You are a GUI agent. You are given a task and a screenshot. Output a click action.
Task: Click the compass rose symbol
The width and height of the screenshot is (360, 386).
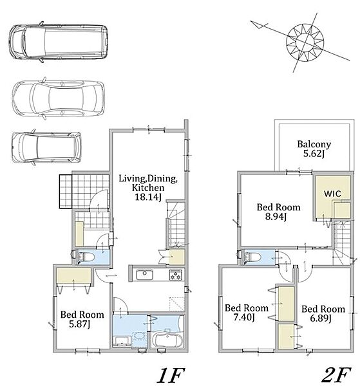305,42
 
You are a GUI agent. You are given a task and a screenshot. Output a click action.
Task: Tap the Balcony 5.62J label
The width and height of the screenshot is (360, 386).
314,149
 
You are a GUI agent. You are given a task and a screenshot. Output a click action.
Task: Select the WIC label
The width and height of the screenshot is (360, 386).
332,194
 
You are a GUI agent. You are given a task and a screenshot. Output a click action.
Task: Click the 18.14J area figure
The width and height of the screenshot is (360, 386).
148,197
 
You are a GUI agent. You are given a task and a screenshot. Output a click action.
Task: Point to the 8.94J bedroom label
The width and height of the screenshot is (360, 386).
278,212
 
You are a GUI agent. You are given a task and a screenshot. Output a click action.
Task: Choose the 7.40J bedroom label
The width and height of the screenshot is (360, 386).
247,313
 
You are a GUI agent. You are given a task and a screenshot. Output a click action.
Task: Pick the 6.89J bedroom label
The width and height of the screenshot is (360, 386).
323,314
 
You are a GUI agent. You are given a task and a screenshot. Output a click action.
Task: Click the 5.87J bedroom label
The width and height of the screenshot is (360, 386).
82,319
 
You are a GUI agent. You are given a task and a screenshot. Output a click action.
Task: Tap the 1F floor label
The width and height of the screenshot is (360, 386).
171,374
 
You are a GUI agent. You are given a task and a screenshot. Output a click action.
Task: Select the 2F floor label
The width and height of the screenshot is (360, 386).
337,374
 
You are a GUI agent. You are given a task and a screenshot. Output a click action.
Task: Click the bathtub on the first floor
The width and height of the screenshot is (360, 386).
167,340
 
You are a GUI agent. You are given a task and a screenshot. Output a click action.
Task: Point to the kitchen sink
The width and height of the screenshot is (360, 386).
145,275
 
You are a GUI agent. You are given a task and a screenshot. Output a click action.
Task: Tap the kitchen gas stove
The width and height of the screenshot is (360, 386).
176,275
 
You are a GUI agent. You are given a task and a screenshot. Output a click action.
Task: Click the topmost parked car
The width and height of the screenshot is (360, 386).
59,42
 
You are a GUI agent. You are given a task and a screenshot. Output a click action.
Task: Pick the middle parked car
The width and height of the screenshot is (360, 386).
59,98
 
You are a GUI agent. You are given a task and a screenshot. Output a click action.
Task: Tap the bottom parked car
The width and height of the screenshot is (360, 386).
46,147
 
